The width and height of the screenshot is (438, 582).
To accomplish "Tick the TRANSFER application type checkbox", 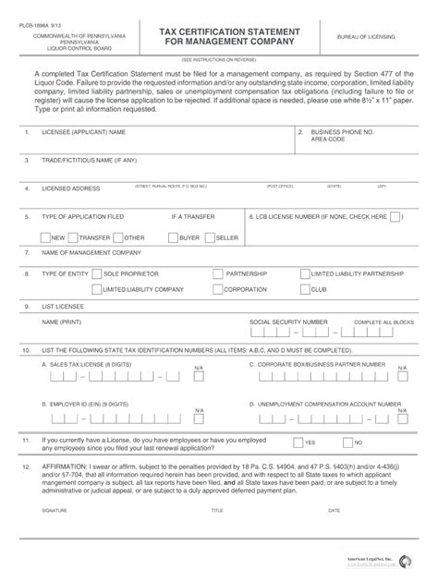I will click(72, 237).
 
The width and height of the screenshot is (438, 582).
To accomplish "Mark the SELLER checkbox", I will click(209, 237).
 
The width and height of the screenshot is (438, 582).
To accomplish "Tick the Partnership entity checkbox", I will click(217, 274).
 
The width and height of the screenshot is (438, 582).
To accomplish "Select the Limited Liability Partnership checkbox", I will click(303, 274).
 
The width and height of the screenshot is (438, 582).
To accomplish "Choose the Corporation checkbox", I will click(217, 289).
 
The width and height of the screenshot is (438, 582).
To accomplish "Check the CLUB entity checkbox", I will click(303, 289).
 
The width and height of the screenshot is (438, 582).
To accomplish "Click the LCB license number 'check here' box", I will click(395, 217).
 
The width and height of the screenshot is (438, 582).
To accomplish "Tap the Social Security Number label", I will click(288, 321).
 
